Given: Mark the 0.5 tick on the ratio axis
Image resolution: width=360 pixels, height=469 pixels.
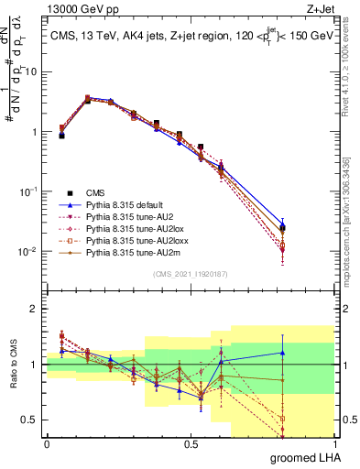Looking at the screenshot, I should [x=33, y=420].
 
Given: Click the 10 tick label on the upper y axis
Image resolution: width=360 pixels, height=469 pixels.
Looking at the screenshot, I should [x=32, y=71].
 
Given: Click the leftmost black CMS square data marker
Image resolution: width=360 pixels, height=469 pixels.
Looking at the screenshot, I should [x=61, y=135].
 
